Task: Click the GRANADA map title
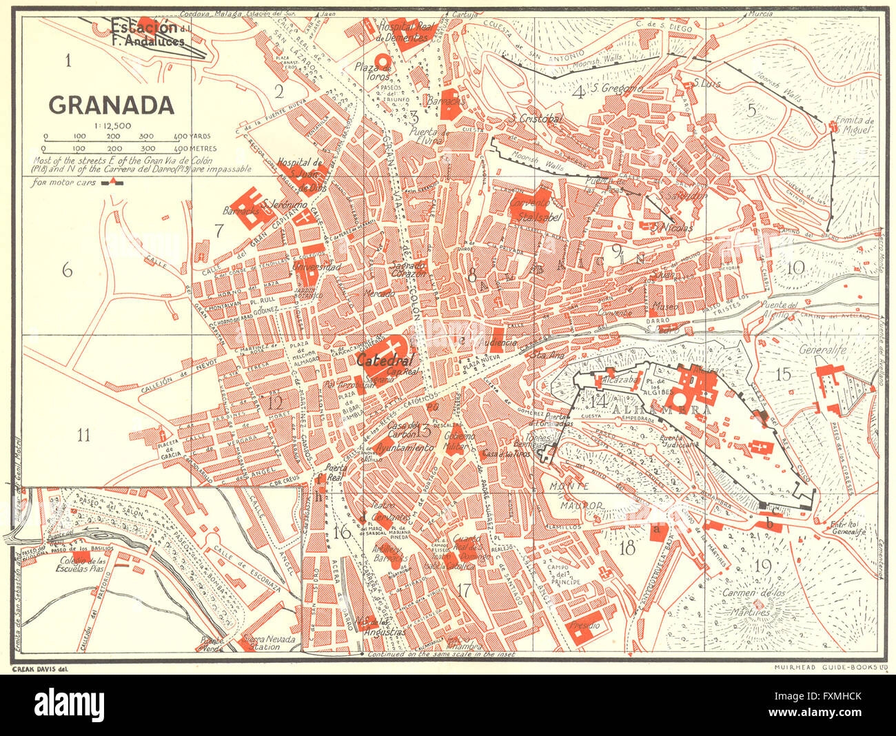[110, 105]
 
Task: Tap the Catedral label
[385, 360]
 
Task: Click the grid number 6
[67, 271]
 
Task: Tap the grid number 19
[762, 566]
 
